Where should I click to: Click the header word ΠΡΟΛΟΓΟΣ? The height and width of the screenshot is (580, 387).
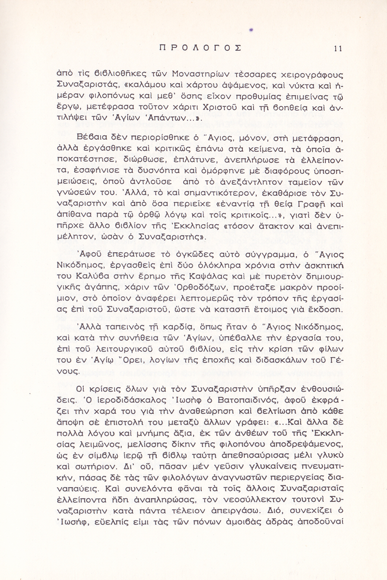point(200,48)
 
